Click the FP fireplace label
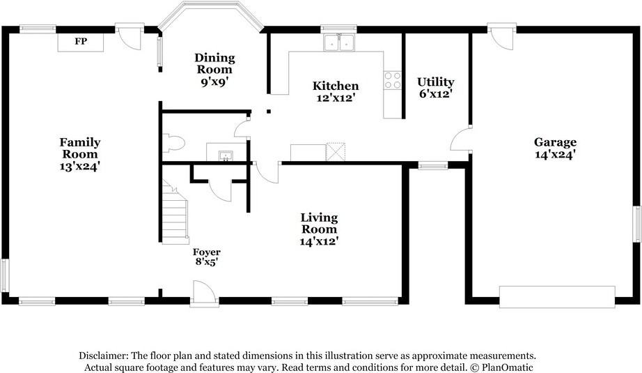tap(81, 41)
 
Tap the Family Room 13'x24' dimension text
tap(80, 167)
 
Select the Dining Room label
tap(214, 63)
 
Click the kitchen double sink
tap(339, 43)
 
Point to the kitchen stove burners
tap(392, 80)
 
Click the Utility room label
tap(436, 82)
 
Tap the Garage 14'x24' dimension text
tap(556, 155)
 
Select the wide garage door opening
tap(557, 297)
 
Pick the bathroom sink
tap(226, 155)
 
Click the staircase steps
tap(175, 214)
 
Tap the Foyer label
tap(207, 252)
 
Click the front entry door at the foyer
tap(204, 293)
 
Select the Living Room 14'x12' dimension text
tap(319, 241)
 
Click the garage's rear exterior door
tap(501, 37)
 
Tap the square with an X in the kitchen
tap(336, 152)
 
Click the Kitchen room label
tap(336, 86)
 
